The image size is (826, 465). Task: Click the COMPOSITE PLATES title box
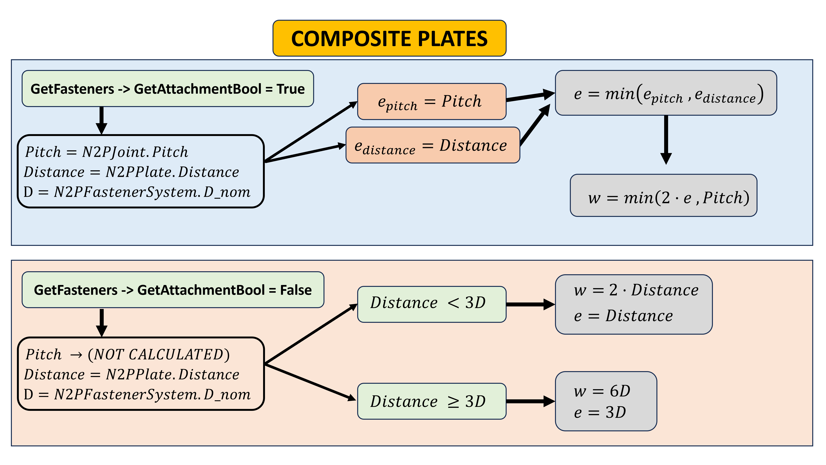[x=389, y=38]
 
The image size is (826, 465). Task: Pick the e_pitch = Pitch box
[x=431, y=102]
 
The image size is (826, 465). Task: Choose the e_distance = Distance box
[x=432, y=145]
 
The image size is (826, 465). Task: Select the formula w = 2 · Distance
[x=636, y=290]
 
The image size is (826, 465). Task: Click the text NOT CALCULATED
[x=159, y=354]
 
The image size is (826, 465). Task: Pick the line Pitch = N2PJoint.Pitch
[x=107, y=152]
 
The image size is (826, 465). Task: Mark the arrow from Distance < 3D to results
[x=530, y=304]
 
